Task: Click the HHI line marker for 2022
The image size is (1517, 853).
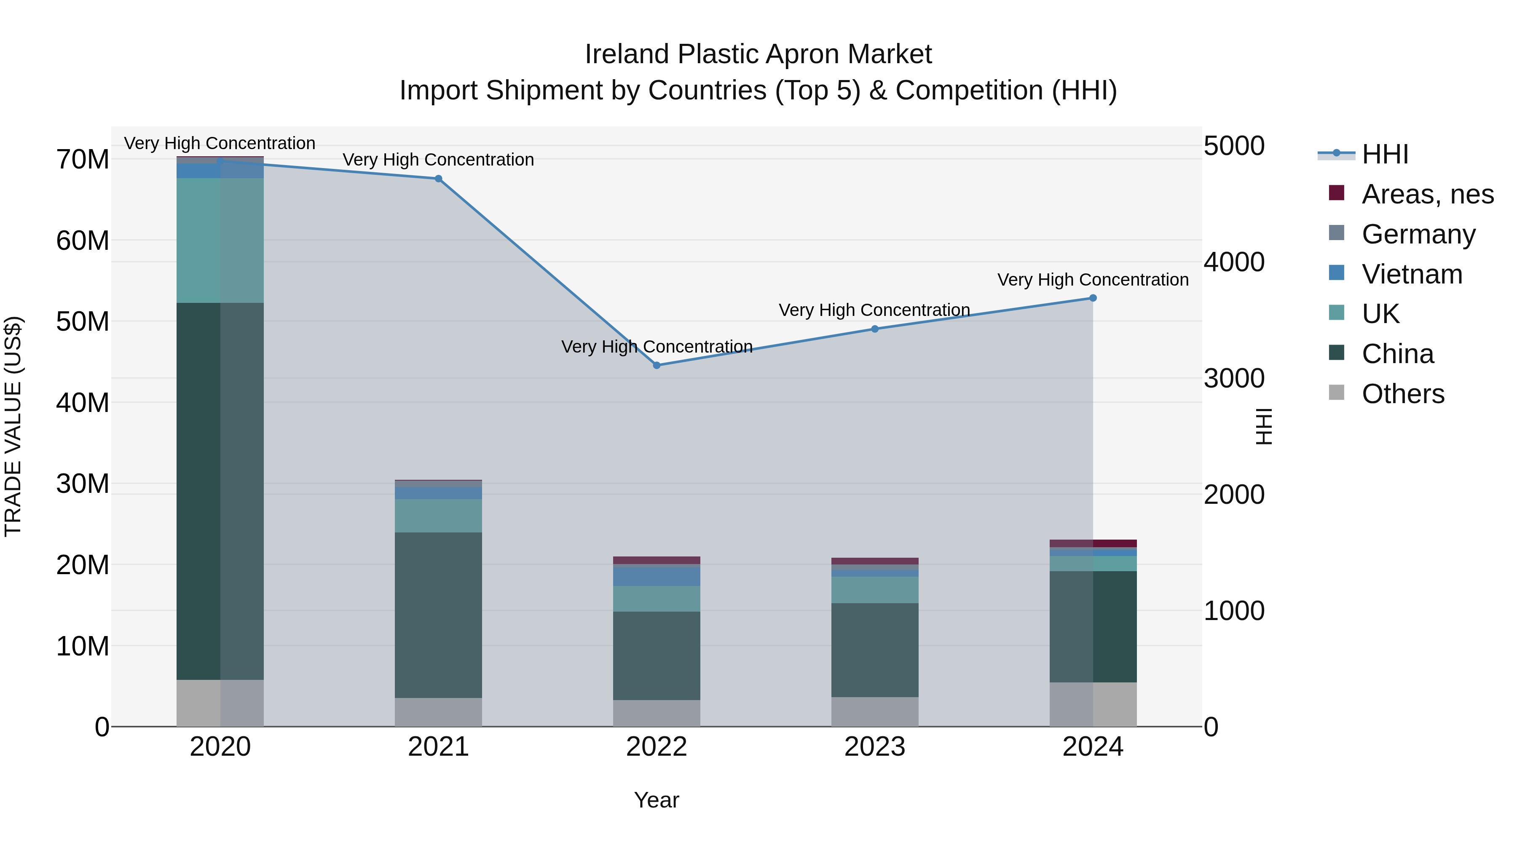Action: pos(657,365)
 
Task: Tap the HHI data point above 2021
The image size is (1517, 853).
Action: pos(438,178)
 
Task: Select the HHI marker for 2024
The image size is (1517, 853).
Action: pos(1093,298)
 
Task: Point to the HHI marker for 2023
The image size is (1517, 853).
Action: pos(874,329)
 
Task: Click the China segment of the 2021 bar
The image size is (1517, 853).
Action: pos(438,615)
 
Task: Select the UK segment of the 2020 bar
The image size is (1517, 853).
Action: pos(220,240)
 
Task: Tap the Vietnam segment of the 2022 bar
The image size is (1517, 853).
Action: pos(657,576)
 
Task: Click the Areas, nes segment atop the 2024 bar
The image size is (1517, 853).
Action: pos(1093,543)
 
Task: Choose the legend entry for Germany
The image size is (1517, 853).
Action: pos(1418,234)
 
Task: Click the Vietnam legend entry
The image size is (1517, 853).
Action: pos(1412,274)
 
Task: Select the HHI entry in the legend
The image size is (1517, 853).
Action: pos(1385,154)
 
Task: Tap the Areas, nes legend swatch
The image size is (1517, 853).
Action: pos(1336,193)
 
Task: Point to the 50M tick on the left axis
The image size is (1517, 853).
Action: pos(83,321)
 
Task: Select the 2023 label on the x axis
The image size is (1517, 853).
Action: pos(874,746)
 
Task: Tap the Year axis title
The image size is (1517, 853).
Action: pos(656,800)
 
